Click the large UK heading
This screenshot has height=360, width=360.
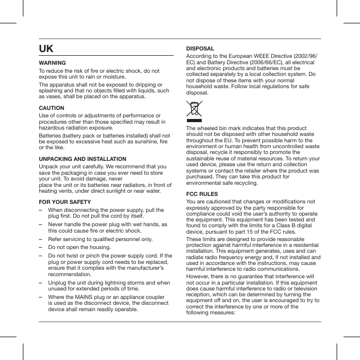pos(46,49)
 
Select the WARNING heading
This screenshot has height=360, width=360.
pos(53,63)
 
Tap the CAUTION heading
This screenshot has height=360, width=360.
pos(52,108)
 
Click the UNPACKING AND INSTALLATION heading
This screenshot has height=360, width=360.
pos(83,159)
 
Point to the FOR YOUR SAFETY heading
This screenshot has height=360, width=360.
pos(65,202)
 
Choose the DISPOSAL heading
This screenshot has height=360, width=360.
pos(200,48)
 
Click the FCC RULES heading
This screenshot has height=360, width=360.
pos(202,194)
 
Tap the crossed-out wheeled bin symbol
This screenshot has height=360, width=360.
pos(194,109)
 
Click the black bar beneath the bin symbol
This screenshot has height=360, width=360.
pos(194,121)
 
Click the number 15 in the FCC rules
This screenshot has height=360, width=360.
pos(254,232)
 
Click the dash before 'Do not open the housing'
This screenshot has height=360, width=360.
pos(41,247)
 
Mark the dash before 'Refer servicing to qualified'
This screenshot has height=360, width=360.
pos(41,239)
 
